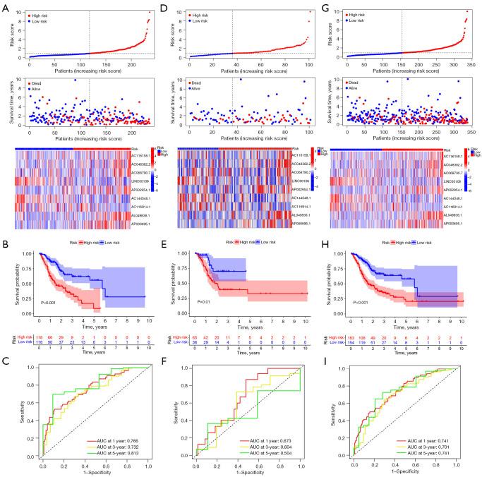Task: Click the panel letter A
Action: pyautogui.click(x=5, y=6)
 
